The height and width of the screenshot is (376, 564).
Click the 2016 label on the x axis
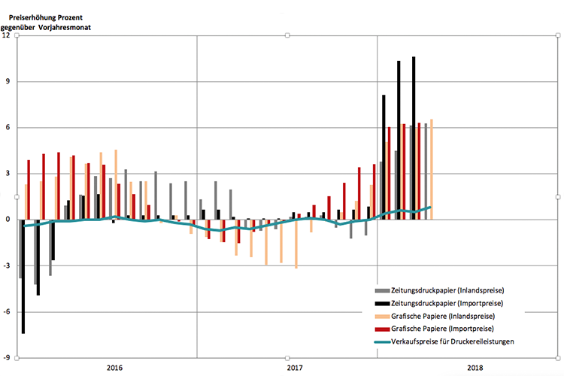click(114, 368)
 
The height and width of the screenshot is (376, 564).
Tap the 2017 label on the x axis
click(295, 368)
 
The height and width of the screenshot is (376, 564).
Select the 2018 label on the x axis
click(475, 368)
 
